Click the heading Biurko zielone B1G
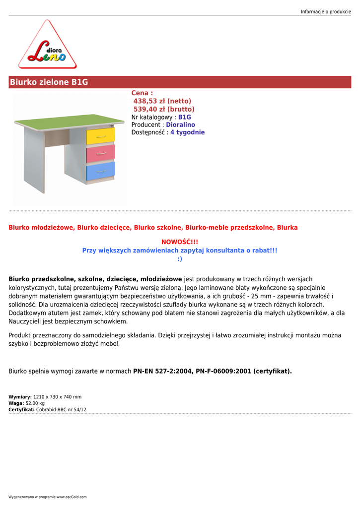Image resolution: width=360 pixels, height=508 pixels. [49, 82]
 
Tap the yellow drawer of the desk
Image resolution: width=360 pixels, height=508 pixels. [101, 136]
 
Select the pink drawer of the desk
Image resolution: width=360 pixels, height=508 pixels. [101, 153]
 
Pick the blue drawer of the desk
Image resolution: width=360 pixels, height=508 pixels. [101, 171]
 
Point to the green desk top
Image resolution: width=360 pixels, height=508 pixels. [70, 121]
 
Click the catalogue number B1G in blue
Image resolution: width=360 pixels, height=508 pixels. [185, 117]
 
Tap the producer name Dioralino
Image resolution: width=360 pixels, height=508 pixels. [181, 125]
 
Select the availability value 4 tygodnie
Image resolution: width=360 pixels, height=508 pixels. [188, 132]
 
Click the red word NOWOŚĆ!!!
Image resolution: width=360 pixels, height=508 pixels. [180, 242]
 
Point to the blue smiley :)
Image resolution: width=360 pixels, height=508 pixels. [180, 258]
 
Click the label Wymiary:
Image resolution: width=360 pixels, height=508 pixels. [20, 397]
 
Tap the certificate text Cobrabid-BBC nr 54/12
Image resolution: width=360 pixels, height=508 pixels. [61, 410]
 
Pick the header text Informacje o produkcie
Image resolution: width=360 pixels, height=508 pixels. [326, 11]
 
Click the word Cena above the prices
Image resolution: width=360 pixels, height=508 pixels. [140, 93]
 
